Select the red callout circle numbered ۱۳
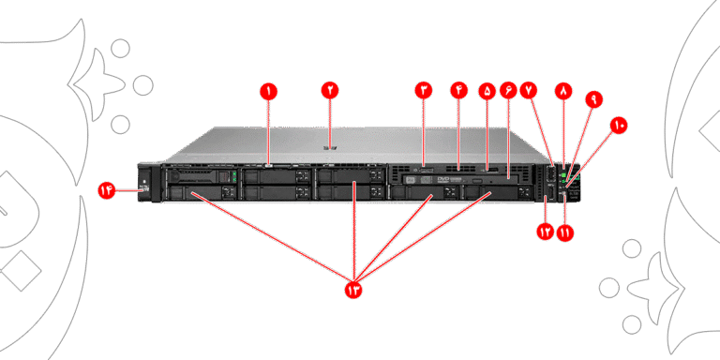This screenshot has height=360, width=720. coord(353,290)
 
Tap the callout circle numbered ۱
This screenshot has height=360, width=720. coord(269,91)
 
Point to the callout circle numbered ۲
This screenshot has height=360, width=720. coord(330,90)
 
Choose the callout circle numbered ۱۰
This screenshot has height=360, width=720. coord(619,126)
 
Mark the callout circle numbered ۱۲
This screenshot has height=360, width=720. coord(546,232)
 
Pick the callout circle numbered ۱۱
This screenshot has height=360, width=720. coord(565,232)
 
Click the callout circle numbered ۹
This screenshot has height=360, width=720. coord(594,99)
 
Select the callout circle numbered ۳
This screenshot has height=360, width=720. coord(424,90)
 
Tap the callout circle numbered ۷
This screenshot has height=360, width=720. coord(529,90)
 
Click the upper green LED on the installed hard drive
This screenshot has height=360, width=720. coord(234,174)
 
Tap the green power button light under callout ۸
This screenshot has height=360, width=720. coord(563,175)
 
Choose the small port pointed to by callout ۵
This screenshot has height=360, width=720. coord(492,171)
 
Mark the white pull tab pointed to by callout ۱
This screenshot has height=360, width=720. coord(269,161)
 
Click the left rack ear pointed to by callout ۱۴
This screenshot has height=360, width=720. coord(144,183)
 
